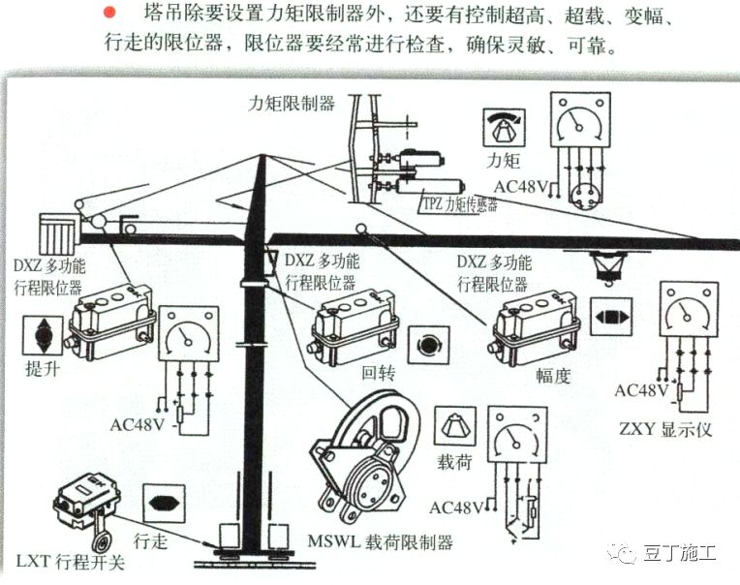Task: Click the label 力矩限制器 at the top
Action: point(292,102)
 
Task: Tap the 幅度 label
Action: point(553,375)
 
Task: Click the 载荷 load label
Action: point(453,463)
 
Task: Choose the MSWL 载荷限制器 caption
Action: point(378,541)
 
